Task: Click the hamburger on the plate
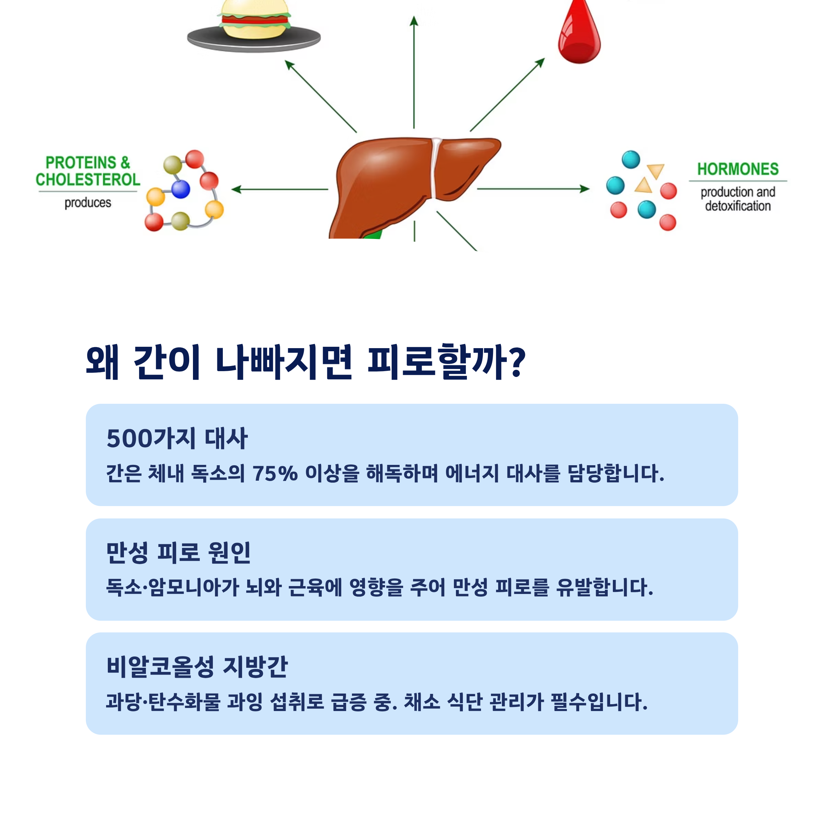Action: coord(254,19)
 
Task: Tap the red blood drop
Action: coord(579,34)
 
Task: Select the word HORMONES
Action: coord(738,169)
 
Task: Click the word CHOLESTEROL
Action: coord(88,180)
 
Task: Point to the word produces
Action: coord(88,203)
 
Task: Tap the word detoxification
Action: coord(738,206)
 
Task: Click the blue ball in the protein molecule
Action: coord(181,189)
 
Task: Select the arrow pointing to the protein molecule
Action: coord(279,189)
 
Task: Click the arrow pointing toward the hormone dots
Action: coord(533,188)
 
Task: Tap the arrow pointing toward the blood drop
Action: coord(507,95)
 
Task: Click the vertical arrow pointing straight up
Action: coord(414,72)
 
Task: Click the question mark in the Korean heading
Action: coord(517,362)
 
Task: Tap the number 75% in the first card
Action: coord(275,473)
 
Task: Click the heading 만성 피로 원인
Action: coord(178,553)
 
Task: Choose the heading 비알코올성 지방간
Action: coord(197,667)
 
